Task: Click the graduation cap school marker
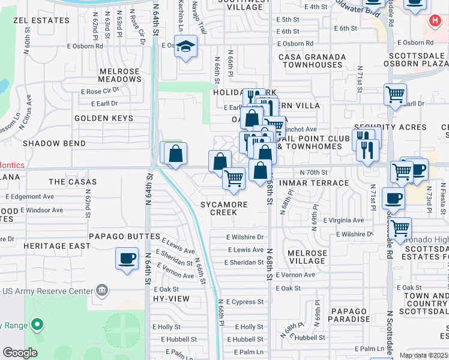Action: (x=186, y=46)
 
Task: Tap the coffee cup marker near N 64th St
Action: (x=127, y=259)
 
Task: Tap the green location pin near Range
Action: (x=37, y=325)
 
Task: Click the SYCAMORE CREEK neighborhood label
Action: (x=224, y=208)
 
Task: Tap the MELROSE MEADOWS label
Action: (x=119, y=75)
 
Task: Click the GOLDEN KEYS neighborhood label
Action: (x=104, y=118)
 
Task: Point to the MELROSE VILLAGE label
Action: (x=307, y=257)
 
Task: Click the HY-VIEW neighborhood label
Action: (x=171, y=298)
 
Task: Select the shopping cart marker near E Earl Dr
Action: (x=395, y=94)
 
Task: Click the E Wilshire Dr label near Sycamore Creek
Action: (x=245, y=237)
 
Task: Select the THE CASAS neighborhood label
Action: (x=73, y=182)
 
